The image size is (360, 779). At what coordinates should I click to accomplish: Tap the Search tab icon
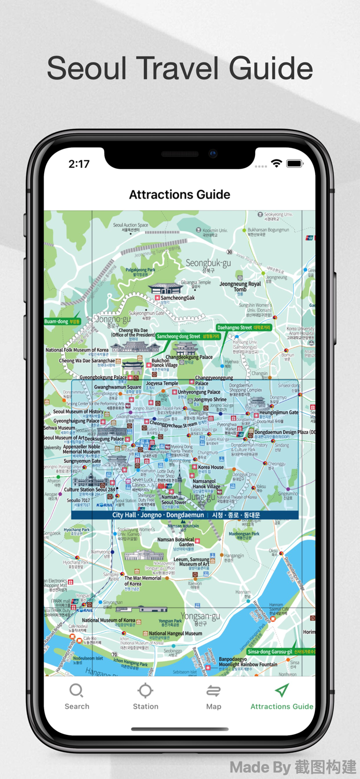[76, 691]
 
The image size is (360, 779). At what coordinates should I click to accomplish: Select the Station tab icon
[145, 691]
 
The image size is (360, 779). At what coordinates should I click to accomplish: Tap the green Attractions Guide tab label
[282, 706]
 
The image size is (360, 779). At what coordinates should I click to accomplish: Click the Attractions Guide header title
[180, 195]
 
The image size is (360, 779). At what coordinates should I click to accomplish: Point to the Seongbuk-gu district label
[208, 263]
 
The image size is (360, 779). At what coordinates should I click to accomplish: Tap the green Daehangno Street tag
[244, 328]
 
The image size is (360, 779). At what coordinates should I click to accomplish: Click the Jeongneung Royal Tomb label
[240, 287]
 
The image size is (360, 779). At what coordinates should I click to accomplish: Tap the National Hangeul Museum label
[176, 634]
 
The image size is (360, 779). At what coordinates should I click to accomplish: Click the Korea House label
[211, 467]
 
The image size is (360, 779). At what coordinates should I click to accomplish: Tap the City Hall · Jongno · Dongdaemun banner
[185, 515]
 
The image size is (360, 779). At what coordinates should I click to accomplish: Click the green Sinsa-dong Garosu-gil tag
[281, 651]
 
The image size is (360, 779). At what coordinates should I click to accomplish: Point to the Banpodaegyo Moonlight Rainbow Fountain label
[248, 662]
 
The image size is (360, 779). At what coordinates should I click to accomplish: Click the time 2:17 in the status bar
[79, 164]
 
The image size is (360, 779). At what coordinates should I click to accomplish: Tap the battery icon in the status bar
[294, 164]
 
